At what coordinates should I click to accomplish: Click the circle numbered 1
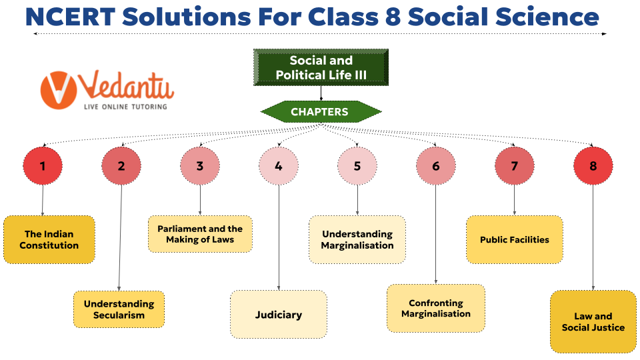pos(43,166)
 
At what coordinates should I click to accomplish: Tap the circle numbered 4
pos(279,166)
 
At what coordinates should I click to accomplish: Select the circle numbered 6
pos(436,166)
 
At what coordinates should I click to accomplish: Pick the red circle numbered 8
pos(593,166)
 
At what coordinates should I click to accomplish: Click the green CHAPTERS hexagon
pos(321,112)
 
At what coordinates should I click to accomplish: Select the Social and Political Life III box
pos(321,67)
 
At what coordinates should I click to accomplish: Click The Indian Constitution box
pos(49,239)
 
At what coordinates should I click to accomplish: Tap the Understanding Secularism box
pos(119,309)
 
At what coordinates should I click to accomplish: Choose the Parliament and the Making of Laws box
pos(201,234)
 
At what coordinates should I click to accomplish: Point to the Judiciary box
pos(279,314)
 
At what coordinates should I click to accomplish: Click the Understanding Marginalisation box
pos(357,239)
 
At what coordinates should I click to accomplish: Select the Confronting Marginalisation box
pos(436,308)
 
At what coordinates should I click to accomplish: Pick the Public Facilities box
pos(515,239)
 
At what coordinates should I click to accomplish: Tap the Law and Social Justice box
pos(593,321)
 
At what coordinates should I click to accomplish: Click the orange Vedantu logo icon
pos(59,89)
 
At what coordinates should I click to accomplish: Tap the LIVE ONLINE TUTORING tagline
pos(125,106)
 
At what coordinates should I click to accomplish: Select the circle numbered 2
pos(121,166)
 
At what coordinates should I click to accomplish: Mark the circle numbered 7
pos(515,166)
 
